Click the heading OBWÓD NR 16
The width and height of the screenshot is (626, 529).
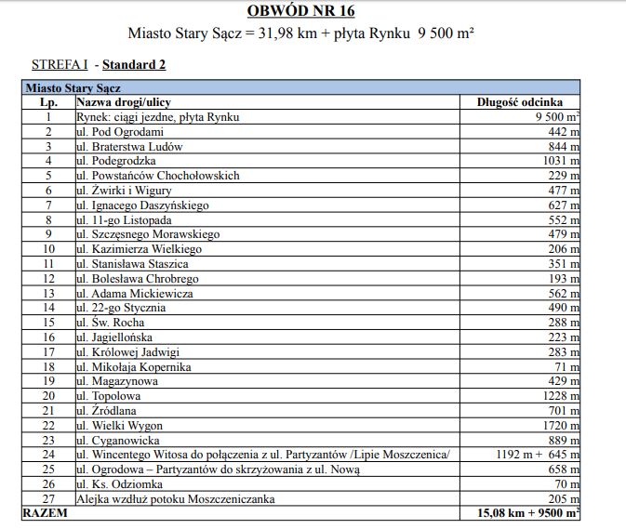300,11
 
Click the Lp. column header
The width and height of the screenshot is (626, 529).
47,102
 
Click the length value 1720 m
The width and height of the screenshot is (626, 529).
558,425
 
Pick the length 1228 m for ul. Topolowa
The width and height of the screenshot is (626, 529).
558,396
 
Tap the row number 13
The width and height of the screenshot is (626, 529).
47,293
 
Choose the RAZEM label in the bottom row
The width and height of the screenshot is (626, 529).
45,512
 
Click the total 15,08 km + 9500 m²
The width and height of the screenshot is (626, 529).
528,512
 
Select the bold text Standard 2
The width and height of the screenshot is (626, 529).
134,65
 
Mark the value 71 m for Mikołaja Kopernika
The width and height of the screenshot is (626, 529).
566,366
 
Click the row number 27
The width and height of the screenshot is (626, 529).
47,498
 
